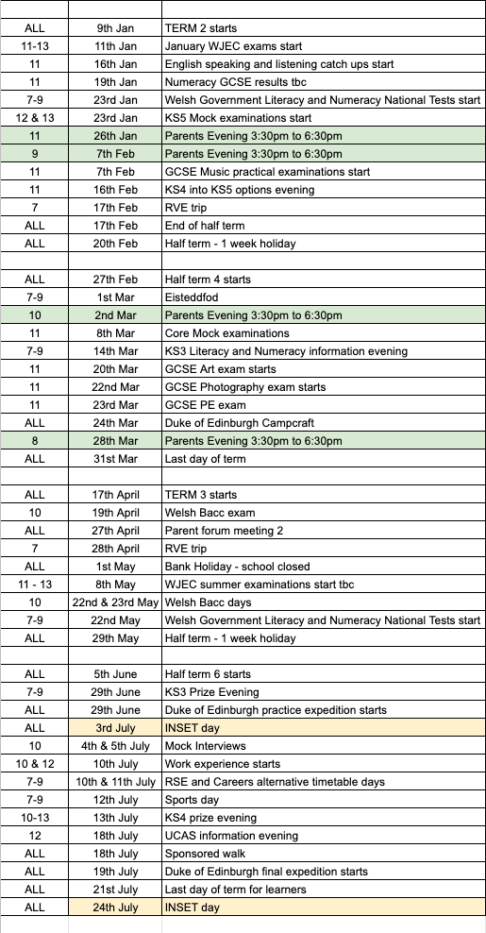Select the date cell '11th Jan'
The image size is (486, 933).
point(115,46)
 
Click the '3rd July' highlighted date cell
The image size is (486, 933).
point(115,728)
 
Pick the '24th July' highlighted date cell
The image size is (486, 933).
point(115,908)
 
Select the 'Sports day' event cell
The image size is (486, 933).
point(194,800)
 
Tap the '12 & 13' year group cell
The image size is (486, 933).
point(35,118)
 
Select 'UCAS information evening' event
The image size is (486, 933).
point(231,836)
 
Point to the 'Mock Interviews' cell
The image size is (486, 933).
point(205,746)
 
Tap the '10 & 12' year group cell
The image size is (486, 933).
point(35,764)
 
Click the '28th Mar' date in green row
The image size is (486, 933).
point(115,441)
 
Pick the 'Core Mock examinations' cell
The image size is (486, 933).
point(226,333)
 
